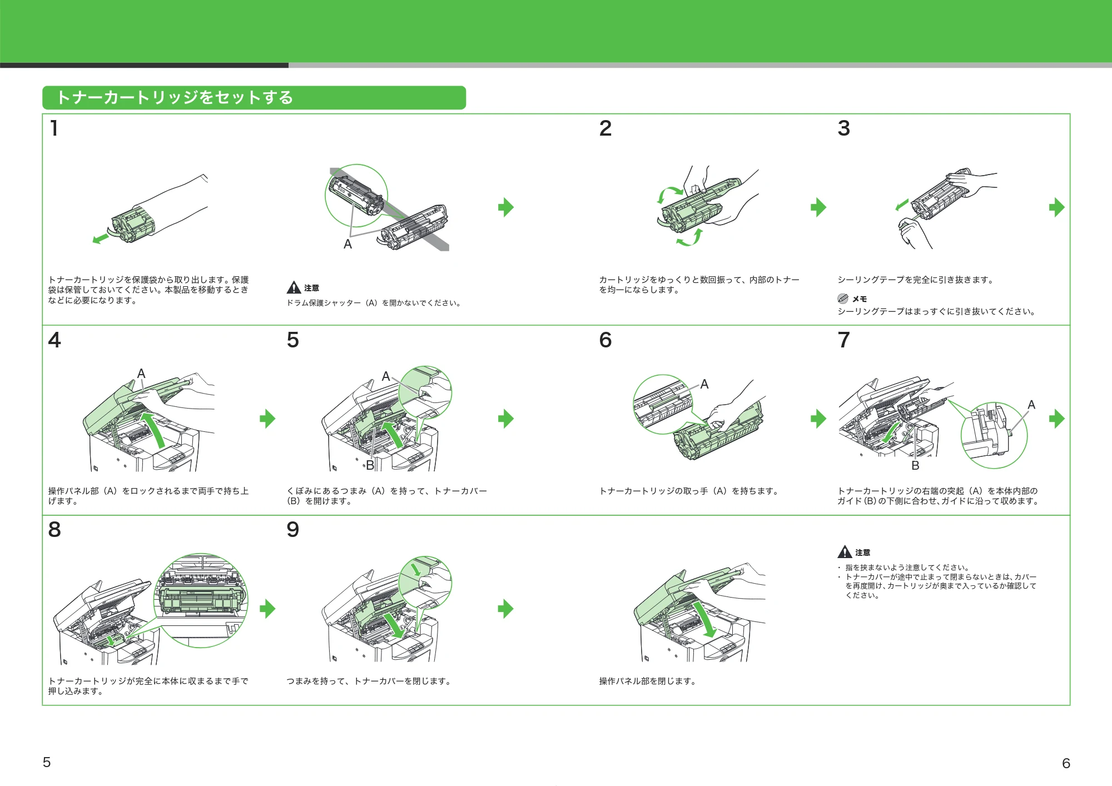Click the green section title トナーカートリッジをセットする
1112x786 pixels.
pos(175,97)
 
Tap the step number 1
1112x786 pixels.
pos(54,128)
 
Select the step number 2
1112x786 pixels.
pos(605,128)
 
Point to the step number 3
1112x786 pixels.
pos(844,128)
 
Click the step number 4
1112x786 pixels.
pos(54,340)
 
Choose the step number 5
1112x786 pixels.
pos(293,340)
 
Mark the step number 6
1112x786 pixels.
pos(605,340)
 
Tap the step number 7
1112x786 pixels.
pos(844,340)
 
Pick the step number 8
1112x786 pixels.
pos(54,529)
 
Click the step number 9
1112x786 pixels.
pos(293,529)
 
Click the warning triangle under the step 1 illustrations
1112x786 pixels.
pos(294,287)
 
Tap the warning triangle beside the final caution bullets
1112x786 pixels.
pos(845,551)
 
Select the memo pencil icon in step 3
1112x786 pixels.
pos(843,299)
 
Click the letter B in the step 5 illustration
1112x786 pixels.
pos(370,466)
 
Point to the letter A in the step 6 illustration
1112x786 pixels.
pos(704,384)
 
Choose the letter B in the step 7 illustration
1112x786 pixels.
pos(915,466)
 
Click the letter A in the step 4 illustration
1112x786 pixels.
pos(141,374)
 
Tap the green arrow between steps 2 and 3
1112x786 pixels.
pos(818,207)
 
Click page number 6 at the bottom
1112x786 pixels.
pos(1066,763)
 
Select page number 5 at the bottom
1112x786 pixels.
pos(47,762)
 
